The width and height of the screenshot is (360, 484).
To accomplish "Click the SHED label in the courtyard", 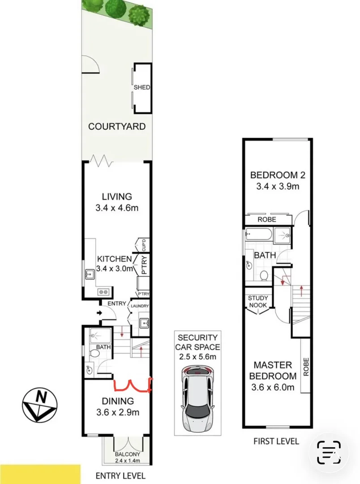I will click(141, 87).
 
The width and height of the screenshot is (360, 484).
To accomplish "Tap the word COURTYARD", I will click(116, 126).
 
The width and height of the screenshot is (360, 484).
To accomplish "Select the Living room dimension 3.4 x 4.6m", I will click(116, 208).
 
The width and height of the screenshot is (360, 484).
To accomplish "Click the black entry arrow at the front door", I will click(100, 313).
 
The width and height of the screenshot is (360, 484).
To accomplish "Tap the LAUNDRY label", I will click(139, 306).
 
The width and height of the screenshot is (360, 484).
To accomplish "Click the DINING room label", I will click(117, 401).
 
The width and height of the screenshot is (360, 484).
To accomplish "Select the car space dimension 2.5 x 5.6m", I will click(197, 357).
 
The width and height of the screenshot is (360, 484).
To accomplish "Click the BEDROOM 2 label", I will click(274, 175).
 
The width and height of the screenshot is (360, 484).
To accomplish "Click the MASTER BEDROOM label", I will click(273, 370).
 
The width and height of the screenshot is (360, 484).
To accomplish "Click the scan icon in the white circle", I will click(329, 452).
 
